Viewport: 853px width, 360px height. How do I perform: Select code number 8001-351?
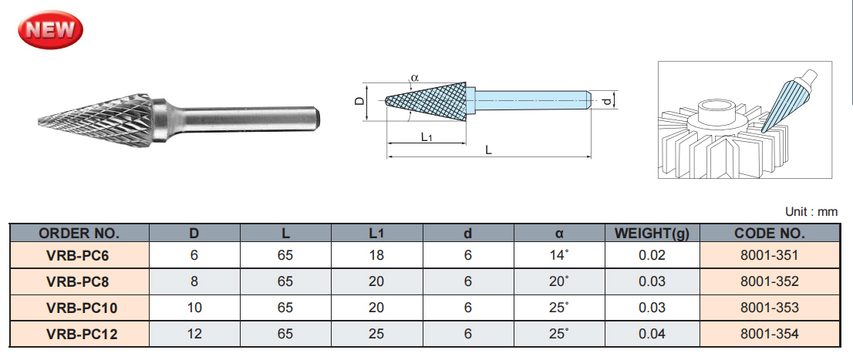click(x=768, y=255)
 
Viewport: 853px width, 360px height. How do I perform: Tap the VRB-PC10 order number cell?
click(x=79, y=308)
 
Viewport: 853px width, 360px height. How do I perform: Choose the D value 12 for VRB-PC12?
click(x=194, y=334)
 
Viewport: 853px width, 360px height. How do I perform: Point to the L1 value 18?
click(x=376, y=255)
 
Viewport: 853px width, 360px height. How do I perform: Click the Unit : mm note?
click(x=811, y=211)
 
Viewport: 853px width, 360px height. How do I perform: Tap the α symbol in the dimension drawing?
click(x=414, y=78)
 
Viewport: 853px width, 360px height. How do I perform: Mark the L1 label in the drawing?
click(x=426, y=136)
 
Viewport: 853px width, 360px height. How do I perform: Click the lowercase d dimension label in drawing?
click(x=607, y=101)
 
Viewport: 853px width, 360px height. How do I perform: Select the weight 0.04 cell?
click(x=652, y=334)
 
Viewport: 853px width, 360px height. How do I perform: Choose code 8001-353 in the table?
click(x=768, y=308)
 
